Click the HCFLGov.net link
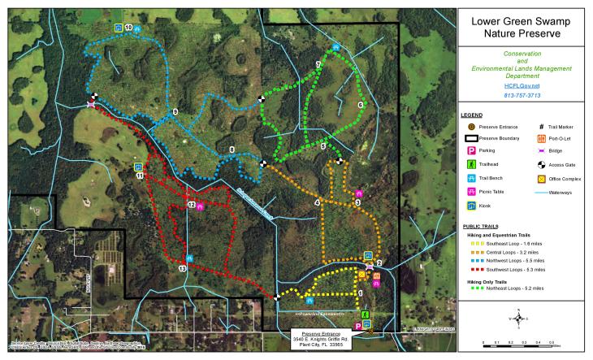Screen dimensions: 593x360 click(x=522, y=85)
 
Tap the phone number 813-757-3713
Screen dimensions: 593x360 click(x=522, y=96)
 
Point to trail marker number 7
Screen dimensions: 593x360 click(x=318, y=64)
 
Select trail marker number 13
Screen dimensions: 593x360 click(x=182, y=268)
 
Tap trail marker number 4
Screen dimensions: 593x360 click(x=317, y=202)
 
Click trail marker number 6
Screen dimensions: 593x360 click(x=360, y=105)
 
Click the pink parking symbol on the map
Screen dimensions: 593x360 click(x=358, y=325)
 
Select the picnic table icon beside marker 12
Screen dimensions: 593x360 click(x=201, y=206)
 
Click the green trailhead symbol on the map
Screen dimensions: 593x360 click(x=366, y=314)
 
